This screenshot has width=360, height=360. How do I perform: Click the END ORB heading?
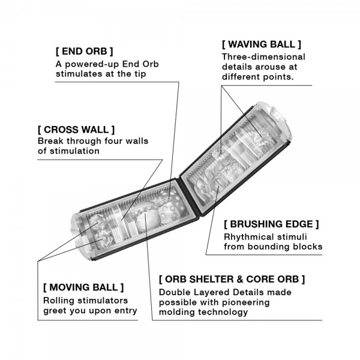[84, 52]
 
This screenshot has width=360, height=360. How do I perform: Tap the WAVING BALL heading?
[261, 44]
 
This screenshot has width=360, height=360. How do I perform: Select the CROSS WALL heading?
[76, 130]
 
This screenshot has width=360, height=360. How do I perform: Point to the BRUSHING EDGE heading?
[271, 224]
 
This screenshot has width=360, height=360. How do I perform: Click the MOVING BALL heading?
[83, 287]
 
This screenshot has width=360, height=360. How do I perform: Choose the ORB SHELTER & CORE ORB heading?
[232, 279]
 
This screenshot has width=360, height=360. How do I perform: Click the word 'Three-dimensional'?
[263, 57]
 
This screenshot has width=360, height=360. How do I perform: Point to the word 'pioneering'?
[246, 302]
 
